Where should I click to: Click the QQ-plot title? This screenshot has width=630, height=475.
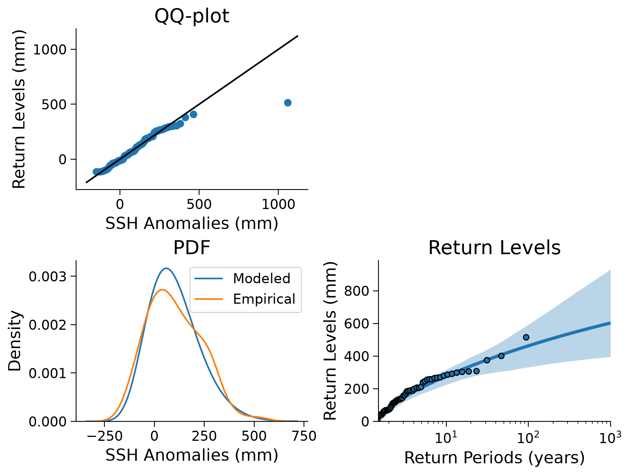pos(191,16)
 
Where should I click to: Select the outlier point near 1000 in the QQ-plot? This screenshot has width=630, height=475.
pos(288,103)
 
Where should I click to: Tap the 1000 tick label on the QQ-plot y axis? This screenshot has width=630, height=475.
pos(50,50)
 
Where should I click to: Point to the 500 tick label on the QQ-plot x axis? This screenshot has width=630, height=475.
pos(199,204)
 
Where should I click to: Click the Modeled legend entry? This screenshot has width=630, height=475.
pos(243,278)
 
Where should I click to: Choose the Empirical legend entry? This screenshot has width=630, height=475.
pos(245,299)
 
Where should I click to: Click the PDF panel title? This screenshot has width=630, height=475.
pos(191,247)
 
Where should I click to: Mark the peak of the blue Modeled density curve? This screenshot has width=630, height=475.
pos(166,268)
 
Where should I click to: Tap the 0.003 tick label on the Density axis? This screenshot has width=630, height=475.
pos(48,277)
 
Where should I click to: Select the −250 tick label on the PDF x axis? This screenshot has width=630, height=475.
pos(105,436)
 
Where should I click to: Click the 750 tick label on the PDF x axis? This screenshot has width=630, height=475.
pos(304,436)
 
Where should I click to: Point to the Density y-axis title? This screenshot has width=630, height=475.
pos(14,341)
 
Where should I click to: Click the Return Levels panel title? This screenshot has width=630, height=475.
pos(494,247)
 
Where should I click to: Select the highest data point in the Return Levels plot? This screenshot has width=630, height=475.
pos(526,337)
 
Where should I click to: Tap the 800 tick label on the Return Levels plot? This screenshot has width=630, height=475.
pos(356,291)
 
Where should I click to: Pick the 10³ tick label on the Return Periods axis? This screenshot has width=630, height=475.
pos(610,437)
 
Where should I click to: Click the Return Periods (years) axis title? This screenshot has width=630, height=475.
pos(494,458)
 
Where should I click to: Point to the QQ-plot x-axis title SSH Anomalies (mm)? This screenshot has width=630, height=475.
pos(192,223)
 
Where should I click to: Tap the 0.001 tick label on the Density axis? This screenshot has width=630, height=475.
pos(48,373)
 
